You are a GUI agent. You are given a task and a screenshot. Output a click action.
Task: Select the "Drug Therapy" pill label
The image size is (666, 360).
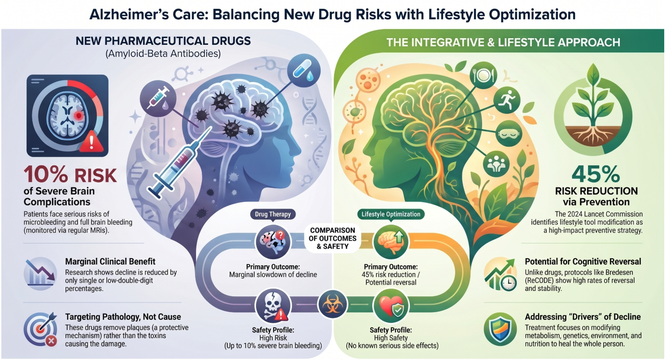coord(273,214)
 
